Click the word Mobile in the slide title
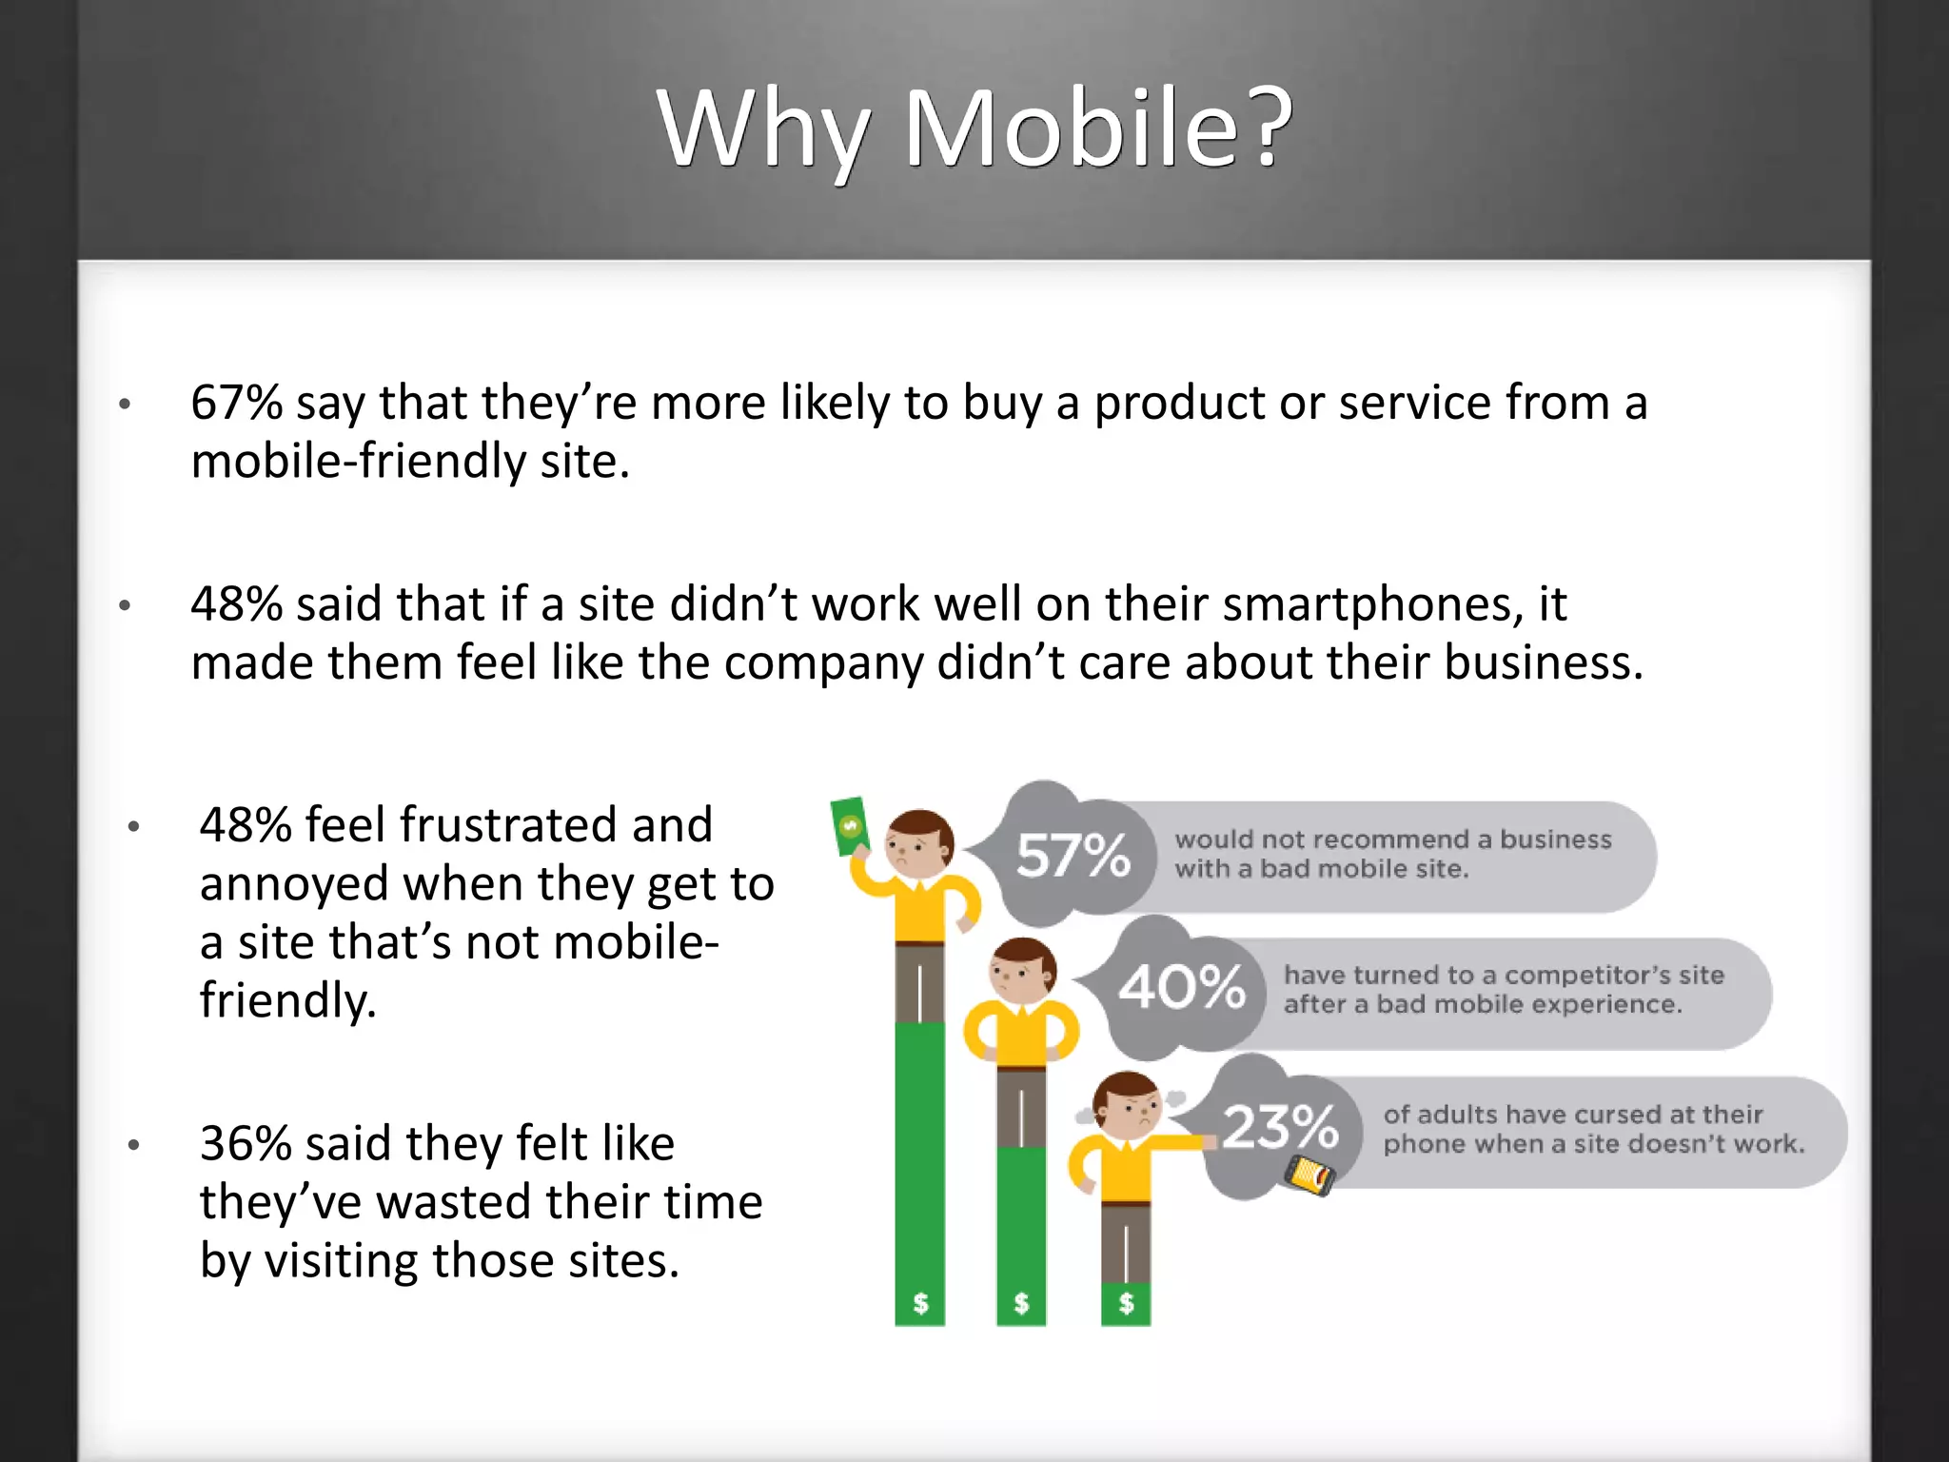point(1070,128)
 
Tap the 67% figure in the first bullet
point(236,403)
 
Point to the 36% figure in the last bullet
point(246,1144)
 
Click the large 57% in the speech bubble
point(1073,855)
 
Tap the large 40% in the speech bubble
point(1181,986)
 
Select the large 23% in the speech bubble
point(1280,1127)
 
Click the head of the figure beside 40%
point(1023,970)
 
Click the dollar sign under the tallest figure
point(920,1303)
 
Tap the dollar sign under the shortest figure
point(1126,1303)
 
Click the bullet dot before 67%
point(125,405)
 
